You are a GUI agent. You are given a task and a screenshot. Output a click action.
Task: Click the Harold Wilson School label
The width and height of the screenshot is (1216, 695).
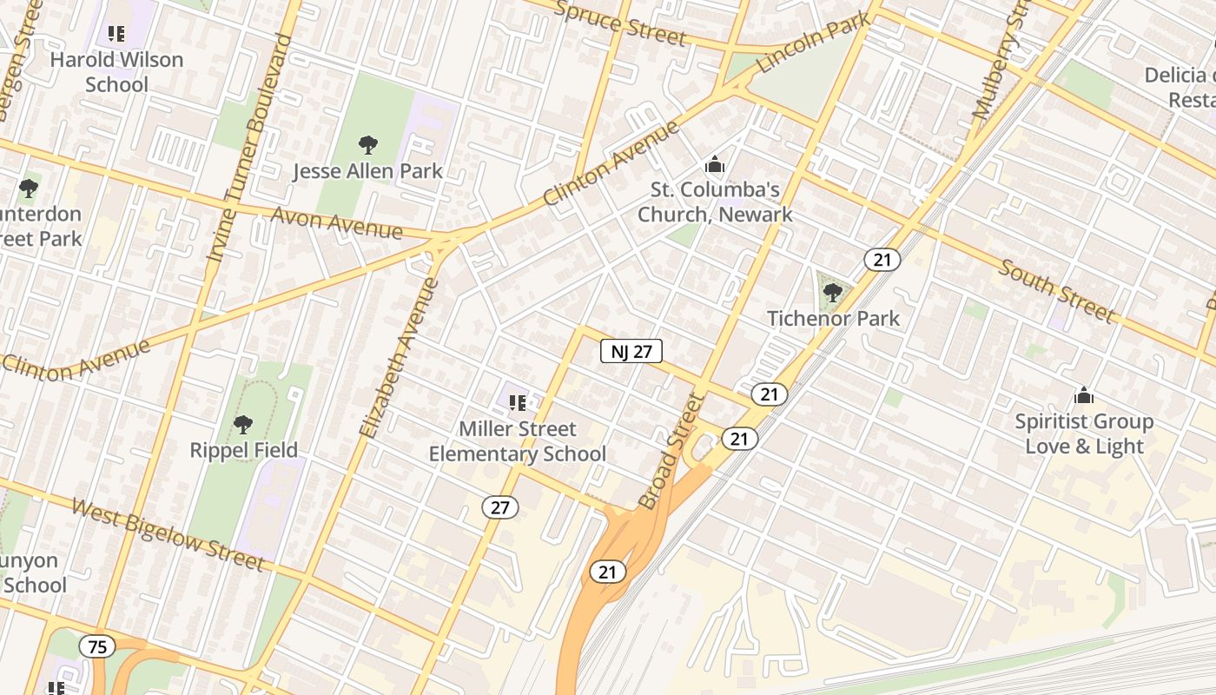click(x=116, y=72)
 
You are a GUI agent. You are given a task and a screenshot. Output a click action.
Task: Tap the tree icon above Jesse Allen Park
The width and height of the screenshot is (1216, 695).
click(x=368, y=144)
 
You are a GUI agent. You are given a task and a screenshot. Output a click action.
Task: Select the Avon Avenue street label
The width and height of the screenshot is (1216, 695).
click(x=337, y=222)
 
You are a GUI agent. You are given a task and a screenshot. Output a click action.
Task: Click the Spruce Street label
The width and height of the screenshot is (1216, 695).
click(x=619, y=23)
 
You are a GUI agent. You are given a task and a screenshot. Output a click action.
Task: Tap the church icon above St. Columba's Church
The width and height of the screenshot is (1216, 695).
click(x=715, y=163)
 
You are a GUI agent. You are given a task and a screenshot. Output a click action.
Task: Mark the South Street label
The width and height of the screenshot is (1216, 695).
click(x=1055, y=290)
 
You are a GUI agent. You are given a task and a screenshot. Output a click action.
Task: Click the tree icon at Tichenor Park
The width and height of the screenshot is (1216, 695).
click(x=833, y=292)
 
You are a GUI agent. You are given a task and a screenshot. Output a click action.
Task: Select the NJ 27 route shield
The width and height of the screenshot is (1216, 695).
click(x=631, y=351)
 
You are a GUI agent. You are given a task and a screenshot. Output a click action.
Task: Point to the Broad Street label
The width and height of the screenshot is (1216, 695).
click(x=670, y=451)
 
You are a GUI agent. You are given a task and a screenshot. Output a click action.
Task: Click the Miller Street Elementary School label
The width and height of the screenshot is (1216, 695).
click(x=518, y=441)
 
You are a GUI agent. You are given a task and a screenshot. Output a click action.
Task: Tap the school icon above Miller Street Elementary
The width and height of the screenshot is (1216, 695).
click(x=518, y=402)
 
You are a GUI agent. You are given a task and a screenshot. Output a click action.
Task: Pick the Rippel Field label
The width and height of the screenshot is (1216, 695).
click(x=244, y=450)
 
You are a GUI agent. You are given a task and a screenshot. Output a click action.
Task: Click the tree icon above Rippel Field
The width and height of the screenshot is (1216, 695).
click(x=243, y=425)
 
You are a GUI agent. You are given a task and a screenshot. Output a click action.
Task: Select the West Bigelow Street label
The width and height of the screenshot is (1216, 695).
click(x=168, y=533)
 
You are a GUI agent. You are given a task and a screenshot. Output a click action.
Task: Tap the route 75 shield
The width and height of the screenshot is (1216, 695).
click(x=97, y=646)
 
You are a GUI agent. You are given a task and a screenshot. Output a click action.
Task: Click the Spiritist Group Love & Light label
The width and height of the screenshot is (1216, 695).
click(x=1084, y=434)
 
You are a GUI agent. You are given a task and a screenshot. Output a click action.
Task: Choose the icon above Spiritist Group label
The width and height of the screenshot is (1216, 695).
click(x=1084, y=396)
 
